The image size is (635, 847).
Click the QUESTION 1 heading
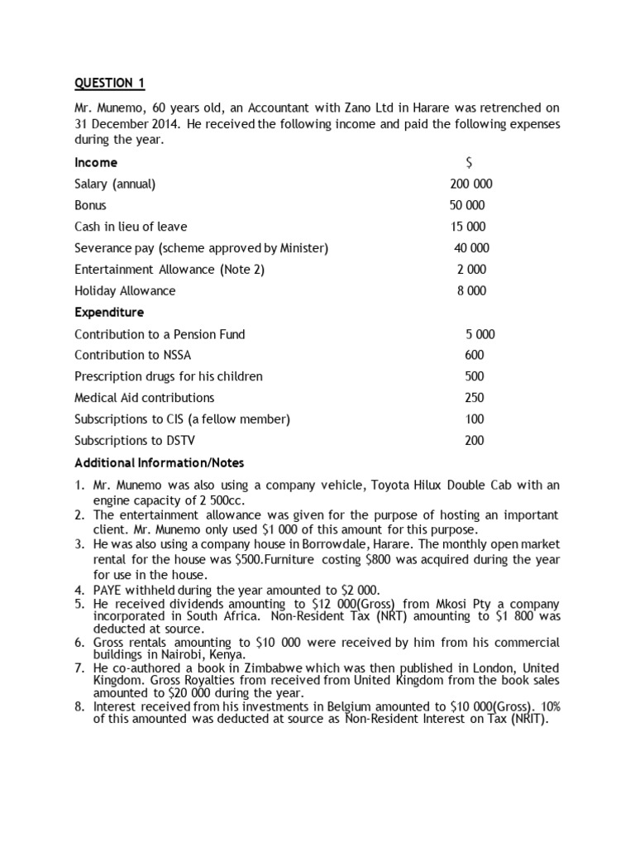point(103,83)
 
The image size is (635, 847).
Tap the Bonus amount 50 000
point(467,205)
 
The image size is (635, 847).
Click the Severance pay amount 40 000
point(471,248)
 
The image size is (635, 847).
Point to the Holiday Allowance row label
point(125,291)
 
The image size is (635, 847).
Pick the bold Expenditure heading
point(109,313)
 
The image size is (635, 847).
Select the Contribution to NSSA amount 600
point(475,355)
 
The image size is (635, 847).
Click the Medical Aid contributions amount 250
point(475,398)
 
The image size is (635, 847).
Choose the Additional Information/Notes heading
point(160,462)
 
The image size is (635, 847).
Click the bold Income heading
point(96,162)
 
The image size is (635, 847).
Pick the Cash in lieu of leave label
point(131,227)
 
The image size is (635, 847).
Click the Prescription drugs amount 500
point(475,376)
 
